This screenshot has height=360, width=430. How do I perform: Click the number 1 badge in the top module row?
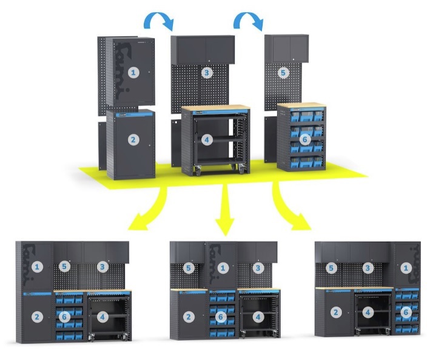point(134,72)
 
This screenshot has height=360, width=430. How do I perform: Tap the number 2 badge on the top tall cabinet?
point(134,140)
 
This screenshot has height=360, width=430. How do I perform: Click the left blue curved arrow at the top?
point(158,21)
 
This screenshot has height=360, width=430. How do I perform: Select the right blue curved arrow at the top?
point(249,21)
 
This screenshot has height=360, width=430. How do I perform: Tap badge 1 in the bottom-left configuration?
point(38,267)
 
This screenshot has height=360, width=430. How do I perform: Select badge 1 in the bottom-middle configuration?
point(223,267)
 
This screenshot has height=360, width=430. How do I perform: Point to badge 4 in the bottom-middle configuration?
point(258,316)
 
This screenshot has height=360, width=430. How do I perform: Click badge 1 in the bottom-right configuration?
point(406,267)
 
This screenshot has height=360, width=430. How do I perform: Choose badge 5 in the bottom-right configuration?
point(331,267)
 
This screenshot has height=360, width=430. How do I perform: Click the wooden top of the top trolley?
point(215,108)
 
